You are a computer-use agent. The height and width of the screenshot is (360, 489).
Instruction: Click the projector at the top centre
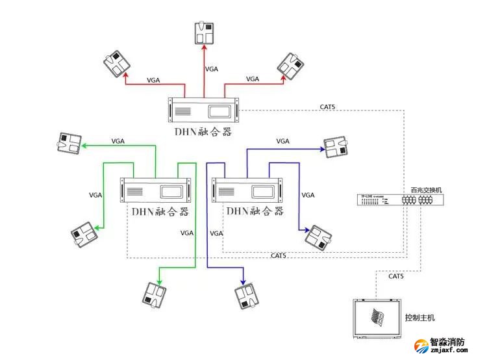point(205,33)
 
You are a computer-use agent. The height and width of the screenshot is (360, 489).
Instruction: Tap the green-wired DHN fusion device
point(156,190)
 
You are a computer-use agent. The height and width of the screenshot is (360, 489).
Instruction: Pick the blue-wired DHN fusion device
point(249,190)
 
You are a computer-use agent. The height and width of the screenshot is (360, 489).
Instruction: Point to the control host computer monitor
point(375,318)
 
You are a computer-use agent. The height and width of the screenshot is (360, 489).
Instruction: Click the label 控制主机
point(419,318)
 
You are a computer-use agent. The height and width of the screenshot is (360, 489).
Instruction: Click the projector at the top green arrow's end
point(69,144)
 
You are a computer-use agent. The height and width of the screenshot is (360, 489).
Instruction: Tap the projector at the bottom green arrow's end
point(156,294)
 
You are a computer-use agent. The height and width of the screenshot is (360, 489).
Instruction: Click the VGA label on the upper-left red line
point(154,80)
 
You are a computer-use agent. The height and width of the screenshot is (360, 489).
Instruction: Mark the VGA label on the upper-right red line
point(253,79)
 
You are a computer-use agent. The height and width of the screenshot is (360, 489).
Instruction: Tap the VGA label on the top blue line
point(282,141)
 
